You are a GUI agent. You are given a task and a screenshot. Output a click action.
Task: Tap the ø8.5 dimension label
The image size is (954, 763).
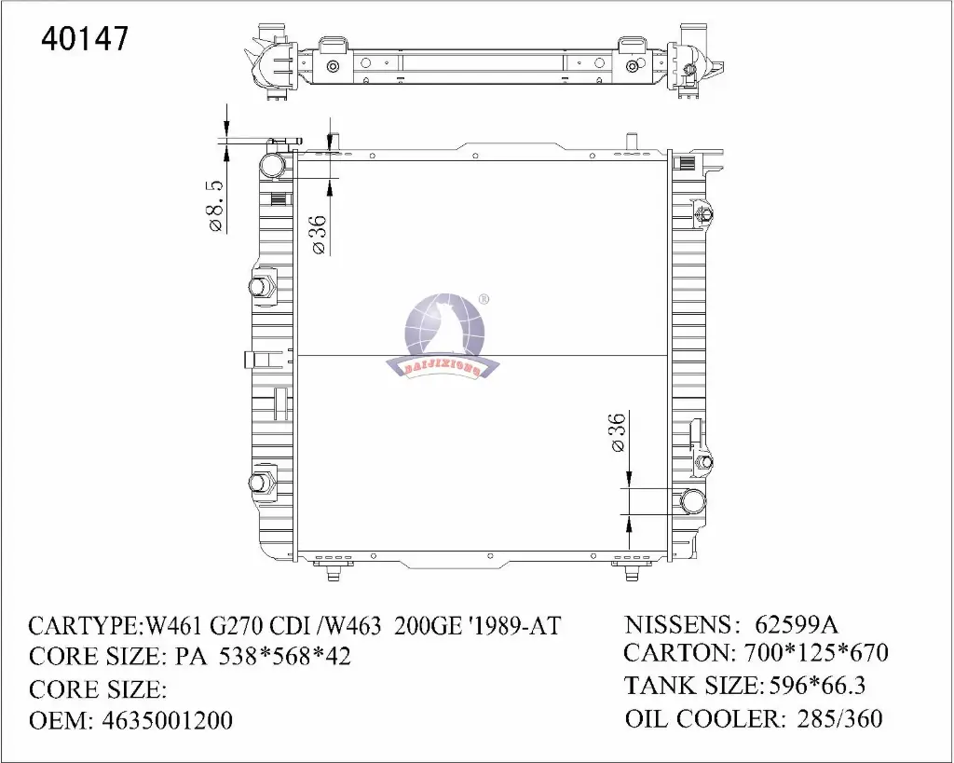(216, 206)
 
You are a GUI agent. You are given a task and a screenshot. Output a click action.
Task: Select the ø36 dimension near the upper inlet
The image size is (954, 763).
(320, 235)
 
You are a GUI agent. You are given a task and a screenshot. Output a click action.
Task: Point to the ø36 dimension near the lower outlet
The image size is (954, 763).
(617, 432)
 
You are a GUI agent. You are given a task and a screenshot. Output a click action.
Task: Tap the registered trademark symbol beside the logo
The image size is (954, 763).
(484, 299)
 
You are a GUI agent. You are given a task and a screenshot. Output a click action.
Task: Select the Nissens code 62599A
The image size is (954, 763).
(797, 624)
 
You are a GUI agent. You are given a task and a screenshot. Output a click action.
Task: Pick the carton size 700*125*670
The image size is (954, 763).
(816, 652)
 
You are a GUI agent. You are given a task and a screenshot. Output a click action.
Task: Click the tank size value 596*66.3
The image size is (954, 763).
(817, 686)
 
